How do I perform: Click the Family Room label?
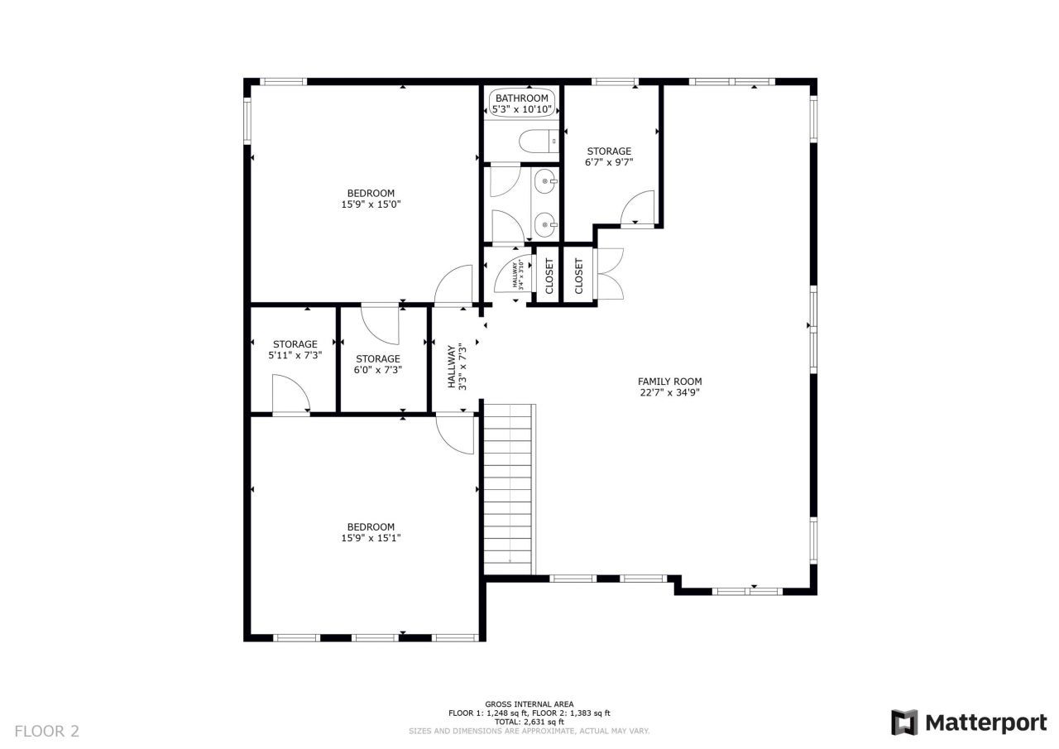pyautogui.click(x=669, y=382)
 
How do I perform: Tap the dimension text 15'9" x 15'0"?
pyautogui.click(x=371, y=204)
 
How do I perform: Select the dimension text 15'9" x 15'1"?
pyautogui.click(x=371, y=538)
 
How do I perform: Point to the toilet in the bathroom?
pyautogui.click(x=538, y=143)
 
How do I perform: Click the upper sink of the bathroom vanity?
pyautogui.click(x=546, y=180)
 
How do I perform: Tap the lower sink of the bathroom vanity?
pyautogui.click(x=546, y=222)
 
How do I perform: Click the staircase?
pyautogui.click(x=509, y=488)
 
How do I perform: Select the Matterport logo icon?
pyautogui.click(x=903, y=722)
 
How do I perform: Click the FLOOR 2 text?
pyautogui.click(x=47, y=731)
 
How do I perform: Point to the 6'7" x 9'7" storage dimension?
pyautogui.click(x=609, y=163)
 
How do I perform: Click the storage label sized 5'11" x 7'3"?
pyautogui.click(x=295, y=344)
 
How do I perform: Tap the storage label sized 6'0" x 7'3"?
pyautogui.click(x=378, y=359)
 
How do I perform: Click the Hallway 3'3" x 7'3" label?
pyautogui.click(x=458, y=367)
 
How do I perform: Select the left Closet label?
pyautogui.click(x=549, y=276)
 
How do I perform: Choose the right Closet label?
pyautogui.click(x=578, y=276)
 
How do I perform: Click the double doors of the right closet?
pyautogui.click(x=609, y=273)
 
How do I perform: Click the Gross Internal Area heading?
pyautogui.click(x=529, y=704)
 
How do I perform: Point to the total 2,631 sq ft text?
pyautogui.click(x=529, y=723)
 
